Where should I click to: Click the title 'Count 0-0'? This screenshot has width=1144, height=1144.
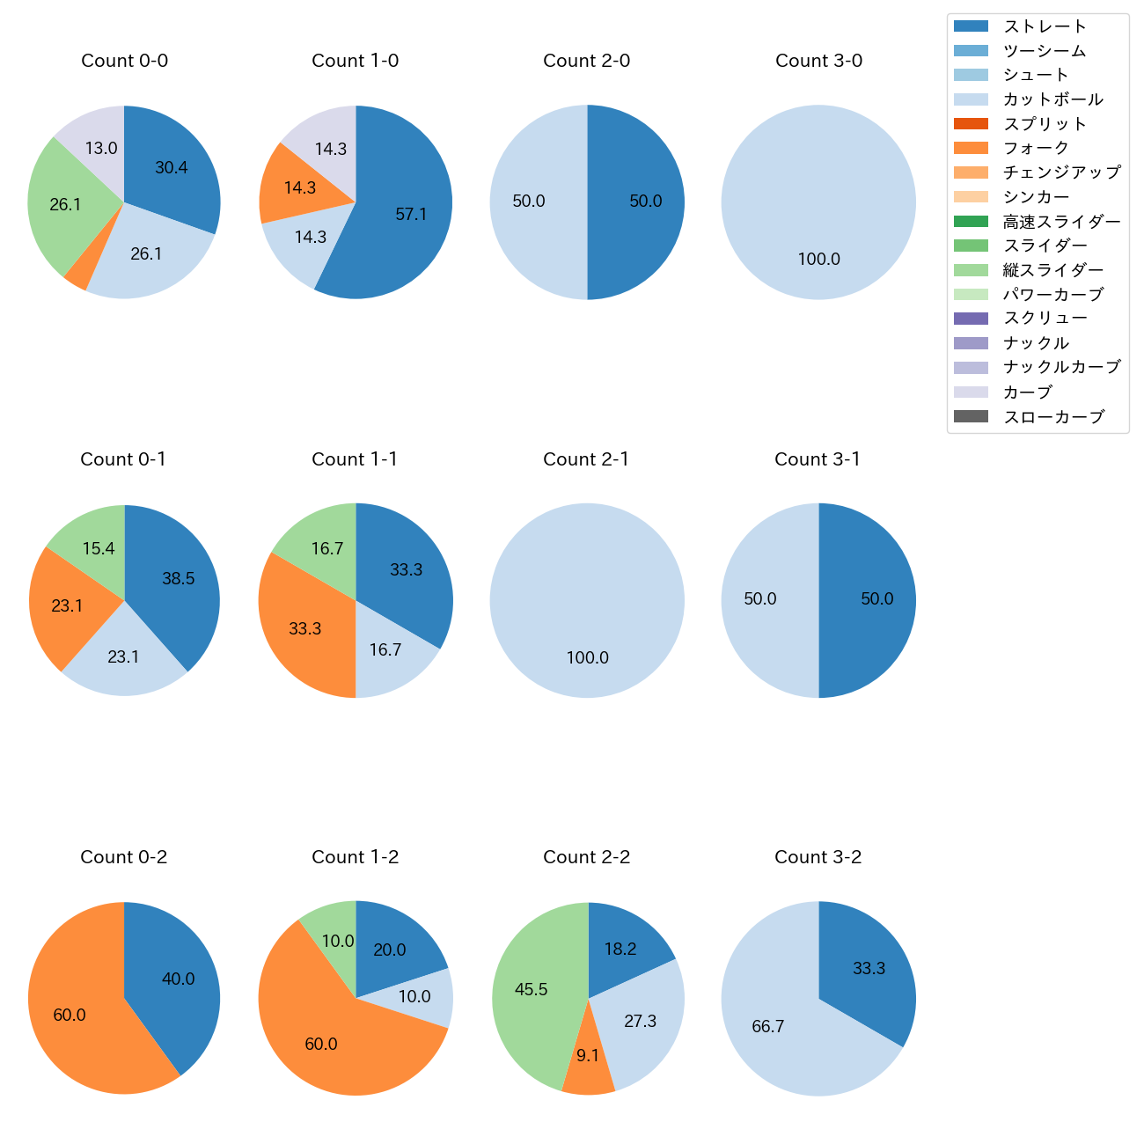[x=124, y=61]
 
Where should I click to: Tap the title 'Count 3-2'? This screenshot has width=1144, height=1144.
[x=818, y=857]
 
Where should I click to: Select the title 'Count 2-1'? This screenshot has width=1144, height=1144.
[x=586, y=459]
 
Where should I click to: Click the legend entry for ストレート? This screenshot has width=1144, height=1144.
[x=1045, y=26]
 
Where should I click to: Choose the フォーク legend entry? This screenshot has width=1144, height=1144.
[x=1036, y=148]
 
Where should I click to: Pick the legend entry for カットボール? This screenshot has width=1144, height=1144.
[x=1052, y=99]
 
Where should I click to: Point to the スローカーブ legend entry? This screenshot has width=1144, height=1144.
[x=1053, y=417]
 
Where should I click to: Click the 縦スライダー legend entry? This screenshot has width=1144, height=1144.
[x=1052, y=270]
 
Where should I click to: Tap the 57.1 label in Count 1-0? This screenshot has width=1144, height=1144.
[x=411, y=214]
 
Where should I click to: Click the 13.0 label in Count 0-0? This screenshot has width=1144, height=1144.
[x=101, y=149]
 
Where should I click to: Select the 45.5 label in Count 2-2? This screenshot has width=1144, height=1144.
[x=532, y=989]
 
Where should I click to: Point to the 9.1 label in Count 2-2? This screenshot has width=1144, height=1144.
[x=588, y=1055]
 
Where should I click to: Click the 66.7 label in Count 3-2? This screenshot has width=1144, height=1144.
[x=768, y=1026]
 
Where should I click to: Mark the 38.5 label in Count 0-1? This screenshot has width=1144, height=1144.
[x=179, y=578]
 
